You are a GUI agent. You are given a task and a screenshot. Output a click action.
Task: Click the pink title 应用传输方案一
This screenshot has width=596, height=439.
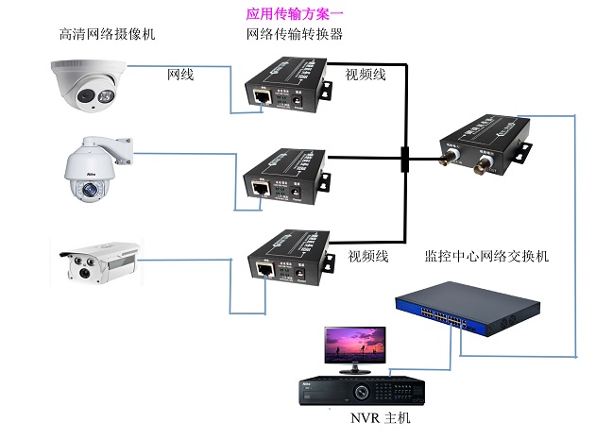coord(294,13)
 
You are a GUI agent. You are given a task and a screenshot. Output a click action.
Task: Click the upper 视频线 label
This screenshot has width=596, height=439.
coord(367,74)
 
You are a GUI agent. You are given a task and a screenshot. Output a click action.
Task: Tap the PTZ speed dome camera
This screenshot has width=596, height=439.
coord(93,171)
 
